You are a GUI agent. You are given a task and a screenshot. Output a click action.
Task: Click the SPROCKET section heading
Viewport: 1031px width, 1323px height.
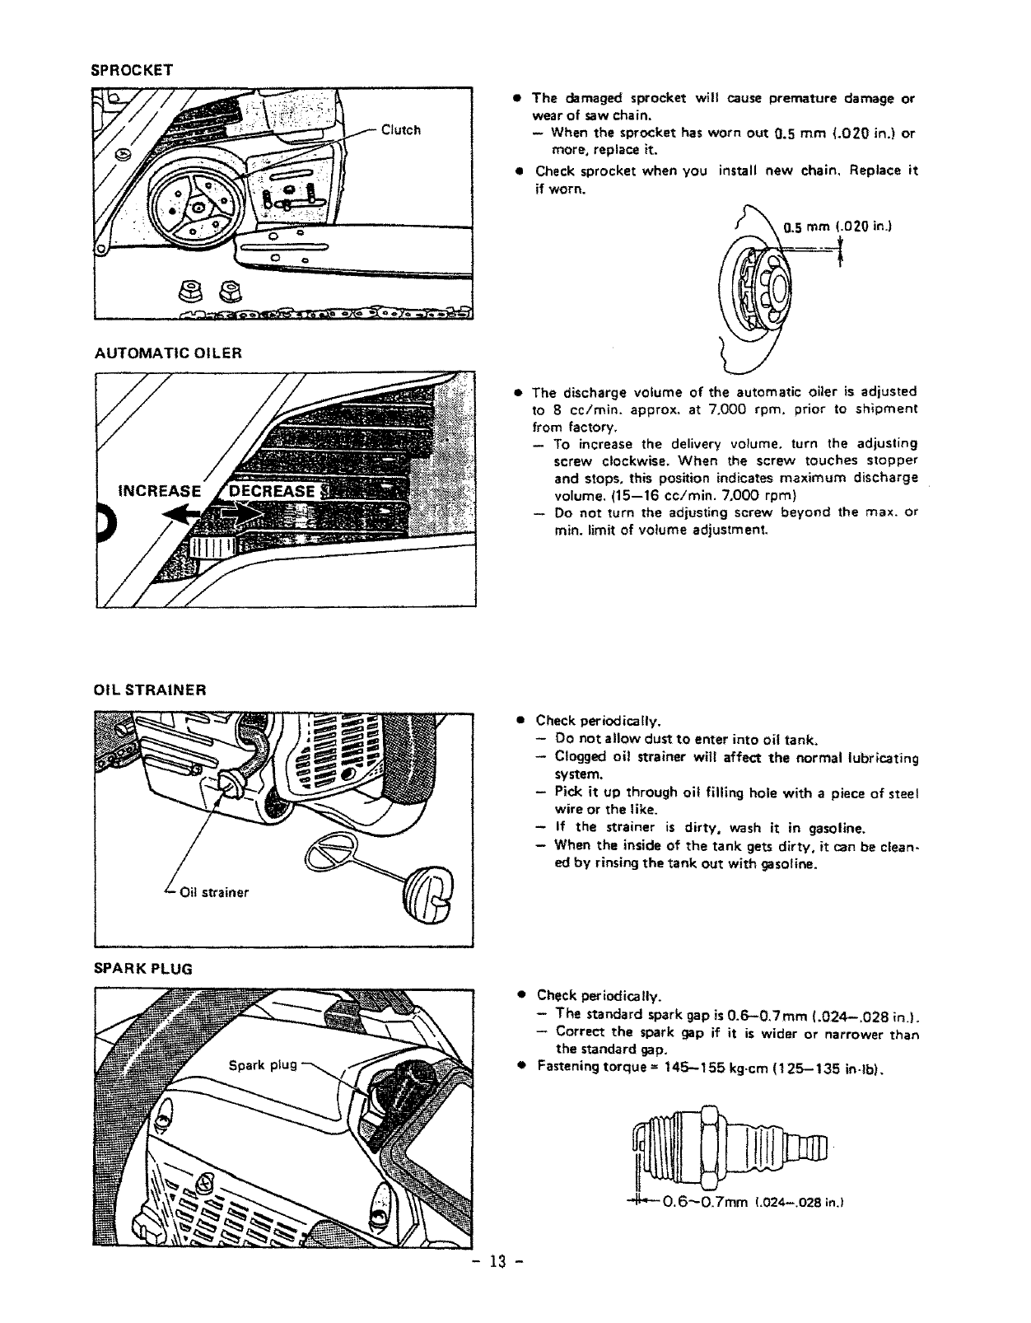coord(132,70)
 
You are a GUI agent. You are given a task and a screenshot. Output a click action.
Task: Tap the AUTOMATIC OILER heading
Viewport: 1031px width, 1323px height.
coord(168,353)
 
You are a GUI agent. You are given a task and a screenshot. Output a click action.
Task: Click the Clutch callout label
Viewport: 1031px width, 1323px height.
coord(401,130)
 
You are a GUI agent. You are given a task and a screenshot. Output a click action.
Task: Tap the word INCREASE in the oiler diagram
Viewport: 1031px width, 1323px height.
coord(160,492)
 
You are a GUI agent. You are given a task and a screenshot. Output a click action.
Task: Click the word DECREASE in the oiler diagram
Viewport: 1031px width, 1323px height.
coord(272,492)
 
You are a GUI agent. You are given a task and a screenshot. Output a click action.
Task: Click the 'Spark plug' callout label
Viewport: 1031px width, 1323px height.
coord(262,1064)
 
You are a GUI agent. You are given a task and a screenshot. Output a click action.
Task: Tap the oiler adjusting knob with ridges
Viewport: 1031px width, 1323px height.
coord(212,548)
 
